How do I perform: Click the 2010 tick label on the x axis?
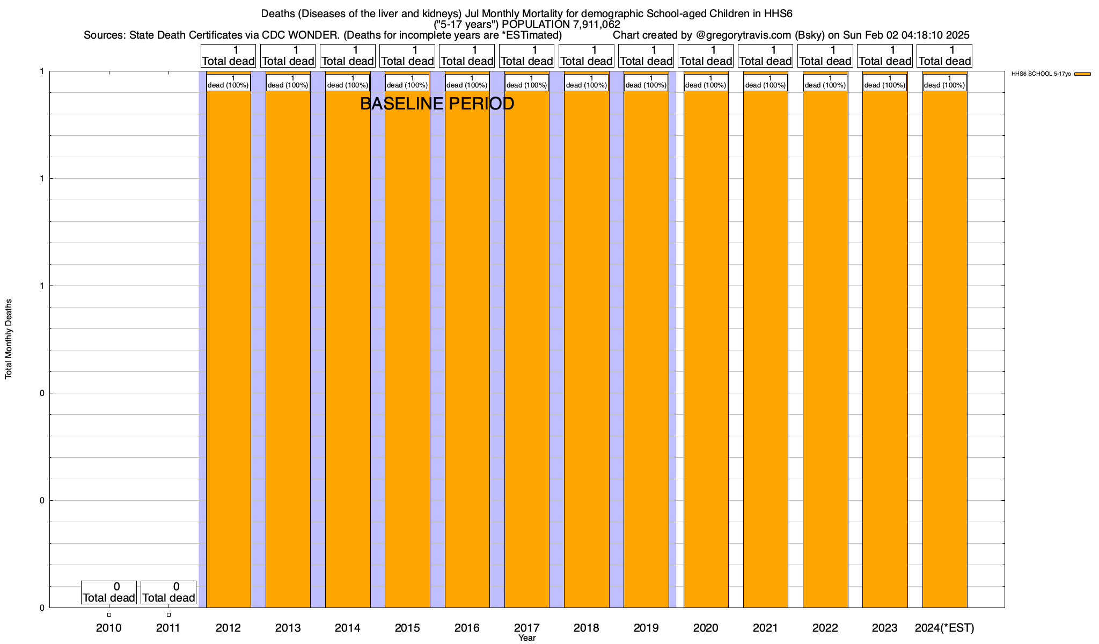pyautogui.click(x=109, y=628)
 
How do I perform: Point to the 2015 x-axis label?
pyautogui.click(x=407, y=628)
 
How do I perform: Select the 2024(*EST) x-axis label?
pyautogui.click(x=944, y=628)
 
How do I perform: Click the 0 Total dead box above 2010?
pyautogui.click(x=109, y=592)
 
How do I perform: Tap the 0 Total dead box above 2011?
pyautogui.click(x=168, y=592)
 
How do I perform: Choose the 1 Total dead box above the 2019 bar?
pyautogui.click(x=646, y=56)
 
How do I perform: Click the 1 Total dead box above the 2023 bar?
pyautogui.click(x=885, y=56)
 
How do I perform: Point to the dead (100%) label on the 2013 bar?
pyautogui.click(x=288, y=83)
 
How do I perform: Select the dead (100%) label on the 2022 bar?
pyautogui.click(x=825, y=83)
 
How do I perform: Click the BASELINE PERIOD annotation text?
pyautogui.click(x=437, y=104)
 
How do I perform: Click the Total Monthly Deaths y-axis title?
pyautogui.click(x=9, y=339)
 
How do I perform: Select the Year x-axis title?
pyautogui.click(x=527, y=638)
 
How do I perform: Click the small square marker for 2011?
pyautogui.click(x=168, y=615)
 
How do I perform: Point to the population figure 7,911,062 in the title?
pyautogui.click(x=590, y=25)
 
